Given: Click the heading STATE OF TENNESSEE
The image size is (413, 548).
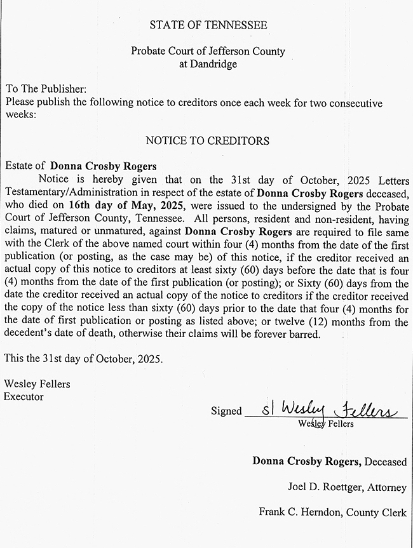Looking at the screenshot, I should point(208,25).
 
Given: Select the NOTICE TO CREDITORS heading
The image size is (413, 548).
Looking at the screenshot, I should point(207,140).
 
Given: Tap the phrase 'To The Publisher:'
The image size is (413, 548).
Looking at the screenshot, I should point(44,89).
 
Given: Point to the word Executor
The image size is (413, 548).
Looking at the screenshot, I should point(24,396).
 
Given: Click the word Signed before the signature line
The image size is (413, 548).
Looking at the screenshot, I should point(226,411).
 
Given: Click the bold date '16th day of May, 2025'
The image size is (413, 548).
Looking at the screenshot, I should point(135,206).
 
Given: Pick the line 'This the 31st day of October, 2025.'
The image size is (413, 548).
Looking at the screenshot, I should point(83,359).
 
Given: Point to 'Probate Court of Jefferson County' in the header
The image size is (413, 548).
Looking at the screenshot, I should point(208,51).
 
